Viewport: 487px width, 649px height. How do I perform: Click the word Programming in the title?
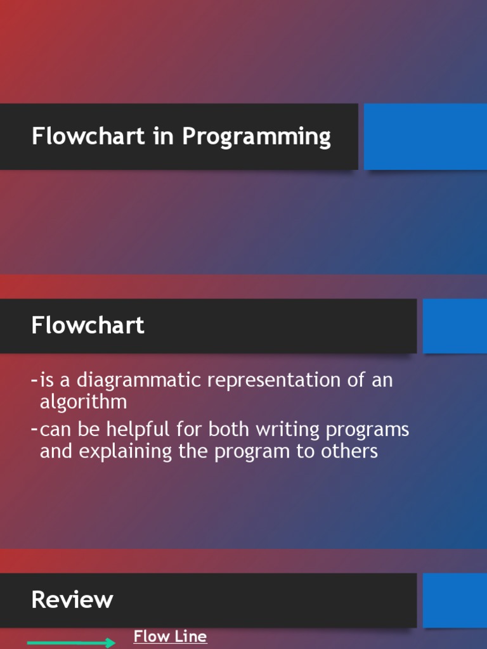pos(257,138)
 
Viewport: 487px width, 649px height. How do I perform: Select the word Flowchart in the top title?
pos(88,136)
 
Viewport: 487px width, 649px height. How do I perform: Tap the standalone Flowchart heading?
pos(88,326)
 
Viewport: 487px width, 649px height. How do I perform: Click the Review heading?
pos(72,600)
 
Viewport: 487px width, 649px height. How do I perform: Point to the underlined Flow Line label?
pos(170,636)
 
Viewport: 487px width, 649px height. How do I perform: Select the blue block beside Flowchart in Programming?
pos(425,137)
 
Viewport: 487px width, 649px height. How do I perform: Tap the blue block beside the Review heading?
pos(455,600)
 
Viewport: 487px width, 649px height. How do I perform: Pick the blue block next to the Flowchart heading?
pos(455,326)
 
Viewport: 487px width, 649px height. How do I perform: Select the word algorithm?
pos(83,402)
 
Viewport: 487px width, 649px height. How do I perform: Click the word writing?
pos(289,430)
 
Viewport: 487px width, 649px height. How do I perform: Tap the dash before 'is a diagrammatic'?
pos(34,381)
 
